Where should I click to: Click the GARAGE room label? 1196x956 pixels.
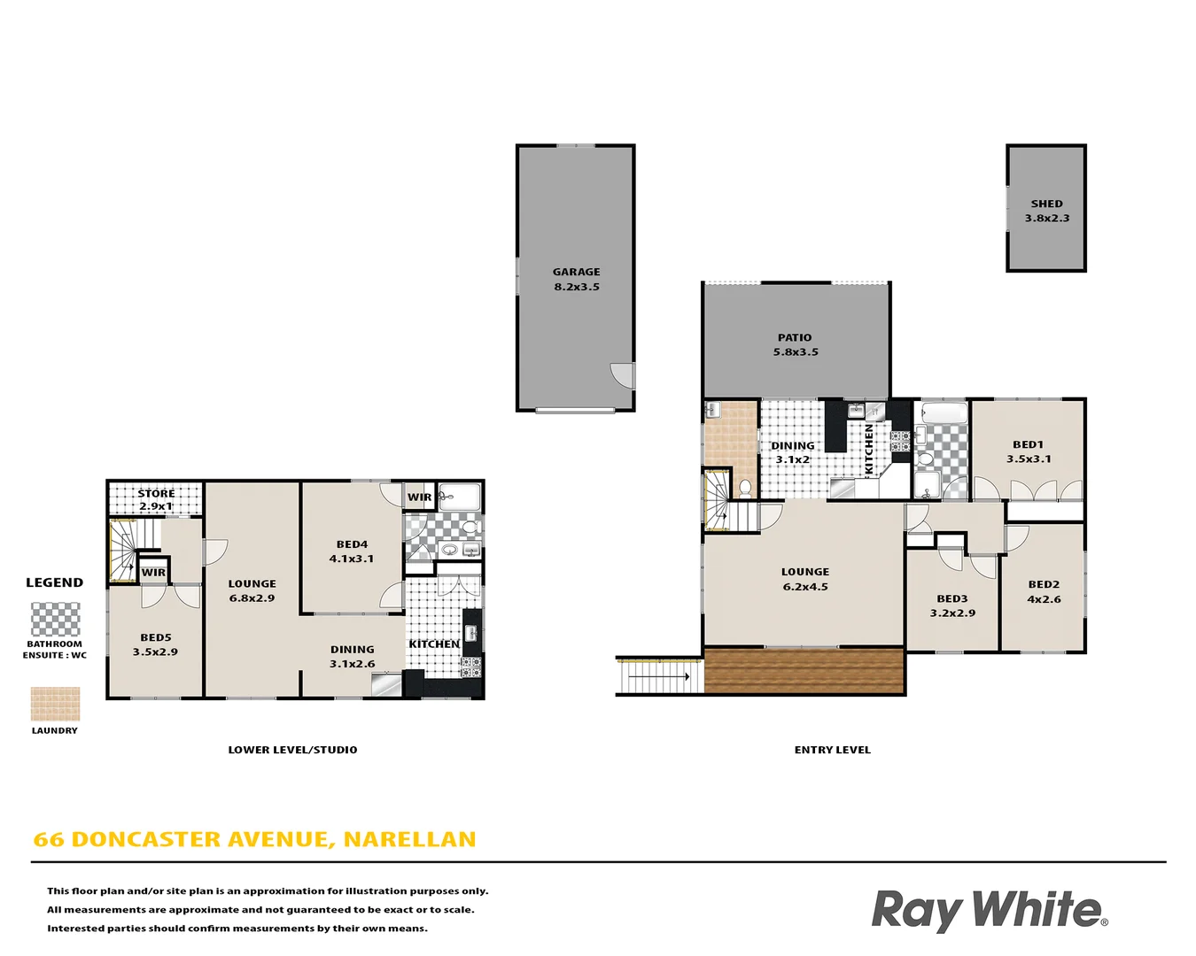(x=577, y=272)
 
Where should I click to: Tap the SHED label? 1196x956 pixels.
(x=1046, y=204)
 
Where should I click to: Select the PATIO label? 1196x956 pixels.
(x=795, y=337)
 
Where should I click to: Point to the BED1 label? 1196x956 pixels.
(x=1028, y=444)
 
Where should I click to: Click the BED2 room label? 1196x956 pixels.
(x=1044, y=584)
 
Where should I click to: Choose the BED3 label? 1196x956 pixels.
(x=952, y=598)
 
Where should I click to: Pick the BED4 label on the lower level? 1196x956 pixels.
(x=352, y=544)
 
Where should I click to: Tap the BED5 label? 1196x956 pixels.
(x=156, y=637)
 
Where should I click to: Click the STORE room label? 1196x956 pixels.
(x=156, y=493)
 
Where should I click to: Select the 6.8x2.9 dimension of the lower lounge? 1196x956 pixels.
(x=252, y=598)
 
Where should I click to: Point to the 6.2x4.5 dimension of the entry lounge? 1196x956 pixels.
(x=805, y=587)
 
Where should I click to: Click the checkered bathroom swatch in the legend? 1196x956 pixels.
(x=55, y=620)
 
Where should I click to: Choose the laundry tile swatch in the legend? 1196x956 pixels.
(x=55, y=705)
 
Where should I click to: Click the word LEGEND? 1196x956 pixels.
(x=55, y=582)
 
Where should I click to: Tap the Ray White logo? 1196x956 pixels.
(x=989, y=910)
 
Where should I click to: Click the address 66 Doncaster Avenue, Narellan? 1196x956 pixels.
(x=254, y=839)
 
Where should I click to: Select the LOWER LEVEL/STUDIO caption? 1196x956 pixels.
(x=292, y=750)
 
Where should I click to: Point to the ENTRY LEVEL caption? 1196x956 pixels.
(x=832, y=750)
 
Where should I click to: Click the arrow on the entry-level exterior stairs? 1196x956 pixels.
(x=659, y=677)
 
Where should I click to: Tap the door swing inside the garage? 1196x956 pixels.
(x=624, y=376)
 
